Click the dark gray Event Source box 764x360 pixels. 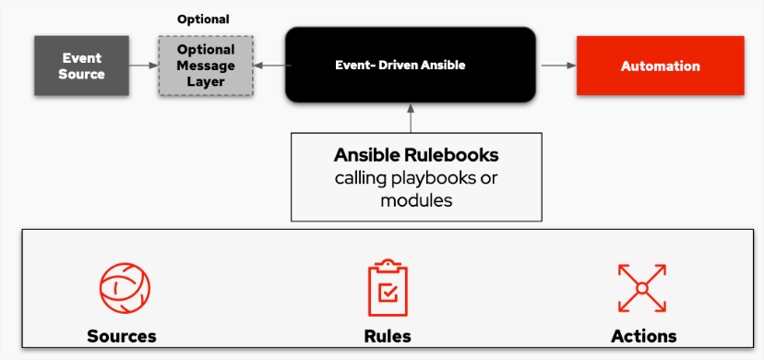coord(81,66)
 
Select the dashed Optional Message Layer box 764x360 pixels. coord(205,66)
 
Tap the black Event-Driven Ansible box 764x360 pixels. coord(410,65)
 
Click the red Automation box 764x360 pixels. coord(660,66)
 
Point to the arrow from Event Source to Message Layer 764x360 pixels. coord(142,66)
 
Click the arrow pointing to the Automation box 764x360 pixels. coord(555,66)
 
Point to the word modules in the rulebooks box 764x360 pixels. coord(416,199)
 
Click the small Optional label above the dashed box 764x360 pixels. coord(203,19)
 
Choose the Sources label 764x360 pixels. coord(122,335)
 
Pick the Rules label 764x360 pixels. coord(388,335)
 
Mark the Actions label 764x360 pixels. coord(643,335)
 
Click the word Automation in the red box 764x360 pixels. coord(660,66)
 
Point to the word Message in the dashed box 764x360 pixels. coord(206,66)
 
